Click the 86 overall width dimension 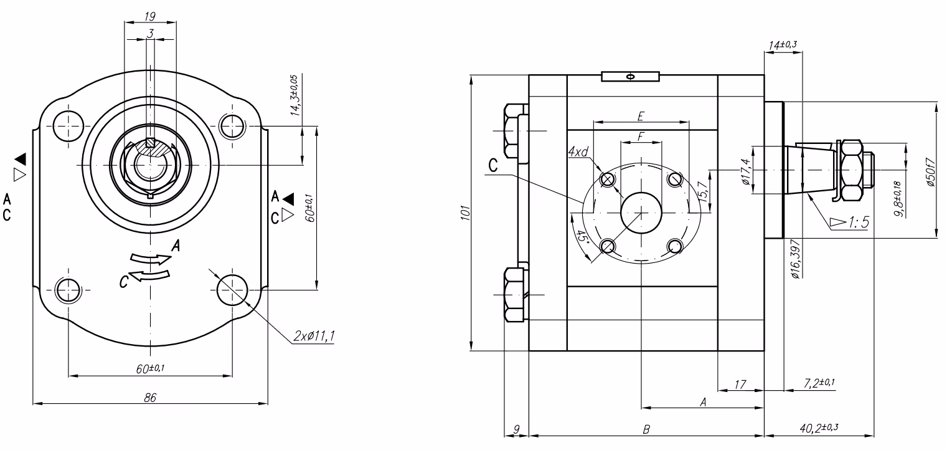[x=150, y=398]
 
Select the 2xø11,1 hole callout [x=314, y=336]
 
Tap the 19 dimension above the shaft [x=149, y=16]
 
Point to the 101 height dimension [x=466, y=213]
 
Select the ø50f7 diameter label [x=931, y=172]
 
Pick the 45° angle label [x=583, y=237]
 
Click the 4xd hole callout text [x=578, y=151]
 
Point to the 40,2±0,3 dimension [x=819, y=428]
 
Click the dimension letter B [x=646, y=429]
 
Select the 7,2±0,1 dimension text [x=819, y=383]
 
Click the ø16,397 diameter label [x=795, y=259]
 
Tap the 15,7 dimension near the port [x=703, y=191]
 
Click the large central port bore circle [x=641, y=213]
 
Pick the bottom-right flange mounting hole [x=232, y=290]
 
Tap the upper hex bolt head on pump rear [x=512, y=131]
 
